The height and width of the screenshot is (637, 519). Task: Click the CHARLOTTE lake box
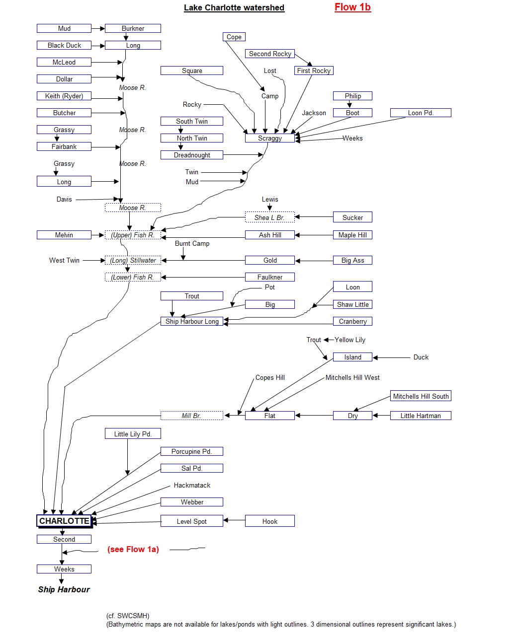point(64,521)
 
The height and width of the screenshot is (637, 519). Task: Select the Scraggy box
point(269,138)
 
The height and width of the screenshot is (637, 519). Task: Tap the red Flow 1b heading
point(352,7)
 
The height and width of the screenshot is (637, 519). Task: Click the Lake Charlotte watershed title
point(234,7)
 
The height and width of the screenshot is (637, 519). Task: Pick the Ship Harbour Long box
point(192,321)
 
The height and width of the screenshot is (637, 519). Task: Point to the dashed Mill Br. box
point(192,416)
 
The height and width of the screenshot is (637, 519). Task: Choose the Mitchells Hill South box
point(421,396)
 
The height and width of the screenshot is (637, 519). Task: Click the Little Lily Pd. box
point(133,434)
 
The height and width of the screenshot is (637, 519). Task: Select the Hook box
point(269,521)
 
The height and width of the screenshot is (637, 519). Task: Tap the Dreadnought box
point(192,155)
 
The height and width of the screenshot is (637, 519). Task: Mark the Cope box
point(234,37)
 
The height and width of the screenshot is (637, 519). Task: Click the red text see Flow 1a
point(133,549)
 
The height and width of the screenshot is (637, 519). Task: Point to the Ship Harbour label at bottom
point(64,589)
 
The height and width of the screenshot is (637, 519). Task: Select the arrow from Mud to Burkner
point(98,28)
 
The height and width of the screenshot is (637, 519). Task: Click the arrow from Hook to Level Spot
point(234,520)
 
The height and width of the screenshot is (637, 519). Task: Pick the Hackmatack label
point(192,485)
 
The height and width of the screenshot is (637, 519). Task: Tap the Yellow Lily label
point(350,340)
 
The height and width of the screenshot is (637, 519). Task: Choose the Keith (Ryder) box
point(64,96)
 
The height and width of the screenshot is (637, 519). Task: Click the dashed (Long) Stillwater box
point(133,260)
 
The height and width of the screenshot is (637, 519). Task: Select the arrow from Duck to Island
point(391,357)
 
